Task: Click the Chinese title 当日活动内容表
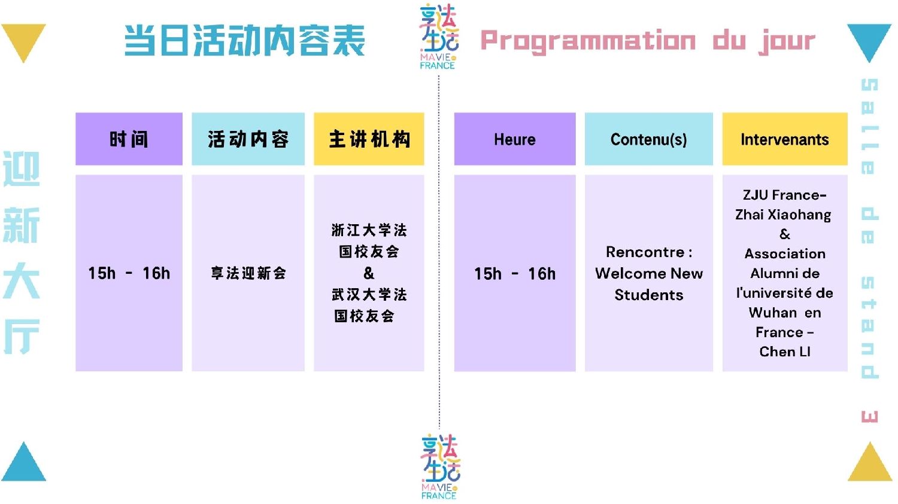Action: [244, 40]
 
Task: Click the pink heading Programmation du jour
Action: [648, 41]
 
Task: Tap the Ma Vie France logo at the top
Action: [438, 36]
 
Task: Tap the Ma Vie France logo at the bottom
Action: [440, 467]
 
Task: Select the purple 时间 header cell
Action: [129, 139]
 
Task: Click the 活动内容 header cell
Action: [248, 139]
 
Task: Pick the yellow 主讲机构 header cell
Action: [369, 139]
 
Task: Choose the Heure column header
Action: [515, 139]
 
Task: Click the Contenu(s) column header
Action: [648, 139]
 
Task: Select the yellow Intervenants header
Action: [785, 139]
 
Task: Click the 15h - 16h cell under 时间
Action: [129, 273]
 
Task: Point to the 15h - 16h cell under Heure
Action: [515, 273]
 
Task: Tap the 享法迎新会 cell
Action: [248, 273]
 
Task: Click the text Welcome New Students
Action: [648, 284]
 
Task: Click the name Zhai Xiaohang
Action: [783, 215]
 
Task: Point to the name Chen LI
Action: [785, 352]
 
